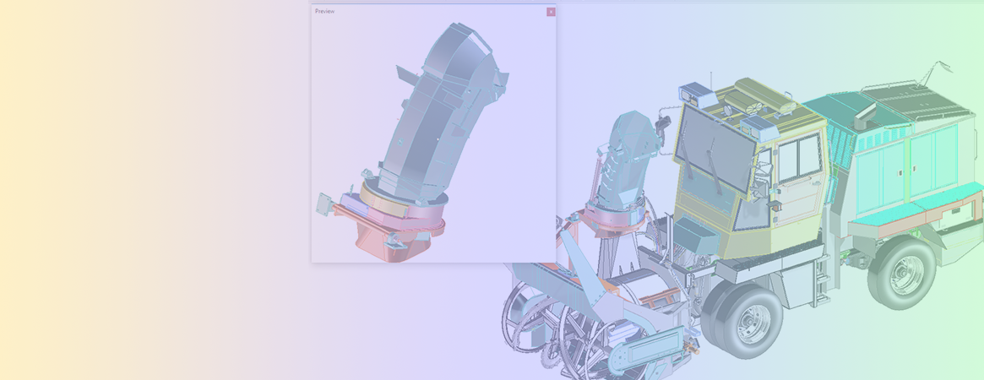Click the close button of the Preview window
(x=551, y=11)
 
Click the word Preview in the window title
(x=324, y=11)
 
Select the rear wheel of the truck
(x=902, y=274)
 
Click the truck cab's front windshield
(x=715, y=149)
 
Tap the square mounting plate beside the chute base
(x=325, y=204)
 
